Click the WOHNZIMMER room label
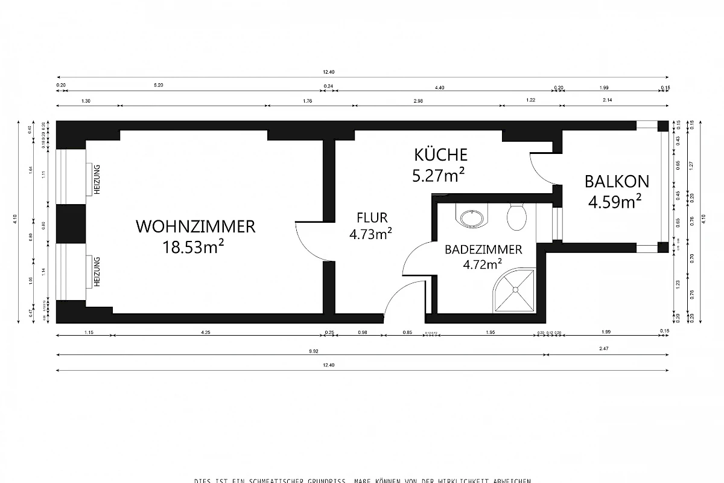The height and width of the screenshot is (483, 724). (x=195, y=227)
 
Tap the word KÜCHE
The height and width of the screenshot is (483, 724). (x=440, y=155)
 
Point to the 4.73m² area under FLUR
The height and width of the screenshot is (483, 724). (x=371, y=234)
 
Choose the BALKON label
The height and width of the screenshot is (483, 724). (x=617, y=181)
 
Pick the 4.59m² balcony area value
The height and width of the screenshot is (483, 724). (x=615, y=201)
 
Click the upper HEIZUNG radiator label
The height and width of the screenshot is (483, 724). (x=96, y=179)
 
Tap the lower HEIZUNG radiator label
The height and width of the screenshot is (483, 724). (x=96, y=272)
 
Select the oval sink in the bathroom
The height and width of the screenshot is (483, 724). (x=472, y=217)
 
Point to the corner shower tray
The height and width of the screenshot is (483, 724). (x=516, y=291)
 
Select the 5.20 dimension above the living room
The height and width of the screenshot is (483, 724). (x=159, y=86)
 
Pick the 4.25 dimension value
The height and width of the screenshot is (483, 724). (x=215, y=331)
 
